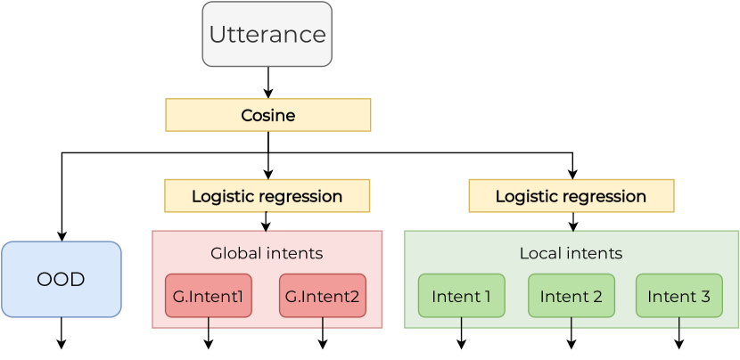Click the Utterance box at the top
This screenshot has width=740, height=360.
(267, 35)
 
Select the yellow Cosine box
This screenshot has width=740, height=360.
(267, 116)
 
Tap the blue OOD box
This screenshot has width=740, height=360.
(61, 279)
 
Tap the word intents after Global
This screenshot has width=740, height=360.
(295, 253)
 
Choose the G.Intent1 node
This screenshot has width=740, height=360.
(209, 297)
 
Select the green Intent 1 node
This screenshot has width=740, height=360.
(461, 297)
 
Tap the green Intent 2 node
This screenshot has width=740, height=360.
(571, 297)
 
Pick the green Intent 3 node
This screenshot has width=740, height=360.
(678, 297)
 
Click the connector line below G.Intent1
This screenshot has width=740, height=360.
(209, 323)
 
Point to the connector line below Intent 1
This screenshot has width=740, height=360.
(461, 324)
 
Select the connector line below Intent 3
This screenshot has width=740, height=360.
(678, 324)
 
